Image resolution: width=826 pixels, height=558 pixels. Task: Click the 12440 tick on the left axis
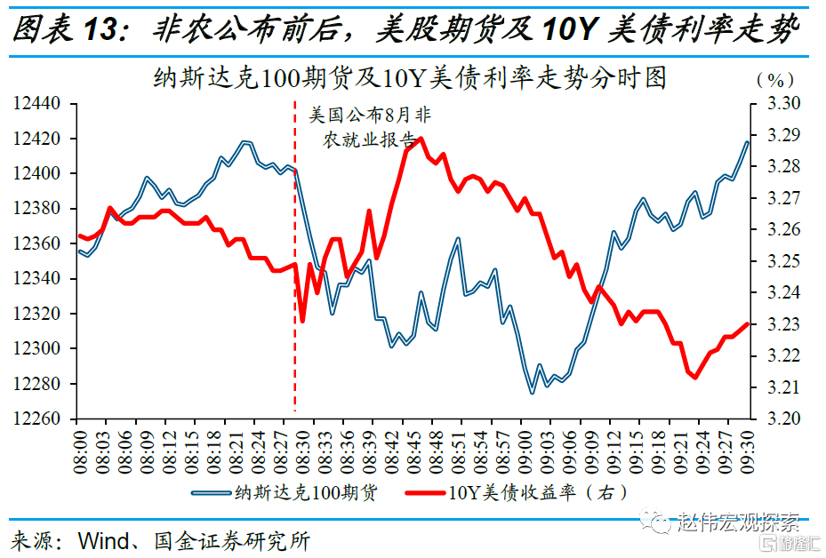37,104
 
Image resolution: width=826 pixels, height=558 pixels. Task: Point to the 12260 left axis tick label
37,418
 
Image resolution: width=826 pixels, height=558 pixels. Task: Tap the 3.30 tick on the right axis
783,104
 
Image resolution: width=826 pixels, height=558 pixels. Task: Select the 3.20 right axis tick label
783,418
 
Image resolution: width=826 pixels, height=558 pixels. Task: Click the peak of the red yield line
420,138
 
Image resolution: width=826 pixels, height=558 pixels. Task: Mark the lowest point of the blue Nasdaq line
532,393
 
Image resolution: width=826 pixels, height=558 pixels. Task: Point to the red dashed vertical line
295,267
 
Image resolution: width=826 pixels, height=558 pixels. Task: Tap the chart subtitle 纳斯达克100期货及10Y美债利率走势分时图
410,78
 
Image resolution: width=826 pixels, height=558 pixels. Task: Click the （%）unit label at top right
775,79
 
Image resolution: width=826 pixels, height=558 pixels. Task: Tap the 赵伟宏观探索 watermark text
738,522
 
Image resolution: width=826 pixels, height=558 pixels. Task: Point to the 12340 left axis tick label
37,279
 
